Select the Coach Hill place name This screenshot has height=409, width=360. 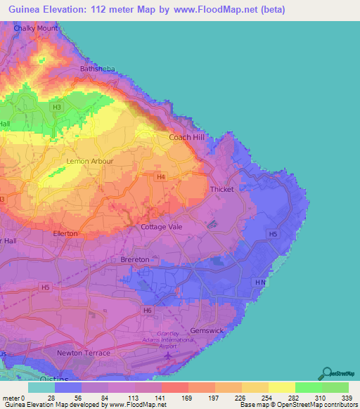(186, 138)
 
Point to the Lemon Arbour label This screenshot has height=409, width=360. (84, 161)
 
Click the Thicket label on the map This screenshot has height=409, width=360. (221, 190)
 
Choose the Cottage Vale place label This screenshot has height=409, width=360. (162, 227)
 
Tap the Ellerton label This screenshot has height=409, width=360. (65, 233)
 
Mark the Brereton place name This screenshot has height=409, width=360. (135, 259)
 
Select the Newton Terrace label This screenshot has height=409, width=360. (84, 352)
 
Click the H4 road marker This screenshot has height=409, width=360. (162, 177)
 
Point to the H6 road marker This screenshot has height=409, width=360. (147, 310)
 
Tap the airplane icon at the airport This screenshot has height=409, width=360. (167, 355)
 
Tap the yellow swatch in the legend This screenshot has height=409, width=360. (281, 387)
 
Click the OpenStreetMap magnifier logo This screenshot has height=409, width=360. (327, 373)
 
